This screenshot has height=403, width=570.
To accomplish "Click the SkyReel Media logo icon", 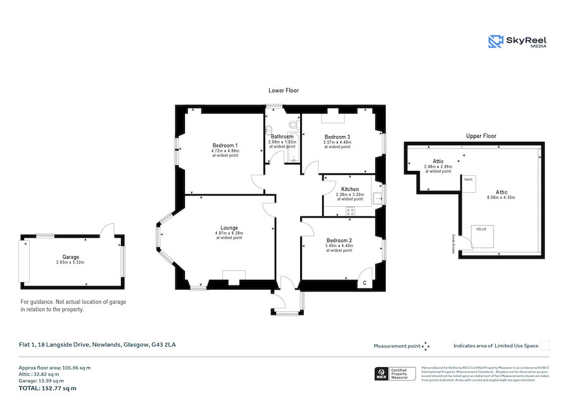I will click(496, 42).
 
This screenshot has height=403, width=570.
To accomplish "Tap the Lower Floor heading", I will click(283, 90).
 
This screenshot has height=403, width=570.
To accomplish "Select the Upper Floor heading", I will click(481, 136).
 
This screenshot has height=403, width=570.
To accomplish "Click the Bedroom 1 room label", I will click(225, 146).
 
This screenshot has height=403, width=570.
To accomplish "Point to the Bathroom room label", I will click(282, 137).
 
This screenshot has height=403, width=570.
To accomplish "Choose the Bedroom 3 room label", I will click(337, 137).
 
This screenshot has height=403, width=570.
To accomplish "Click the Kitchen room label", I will click(350, 189).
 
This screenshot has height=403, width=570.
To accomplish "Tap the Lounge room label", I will click(229, 228).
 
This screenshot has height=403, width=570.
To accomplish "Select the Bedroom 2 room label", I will click(339, 240).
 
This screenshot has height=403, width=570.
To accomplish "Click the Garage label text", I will click(70, 257).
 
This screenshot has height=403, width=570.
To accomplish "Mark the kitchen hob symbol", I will click(350, 211).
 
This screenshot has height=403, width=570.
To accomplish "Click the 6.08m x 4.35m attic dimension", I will click(502, 197).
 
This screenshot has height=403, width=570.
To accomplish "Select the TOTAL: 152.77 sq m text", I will click(47, 388).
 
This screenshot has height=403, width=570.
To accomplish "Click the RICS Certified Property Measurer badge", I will click(395, 374).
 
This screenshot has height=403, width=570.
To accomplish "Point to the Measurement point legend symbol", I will click(426, 346).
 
